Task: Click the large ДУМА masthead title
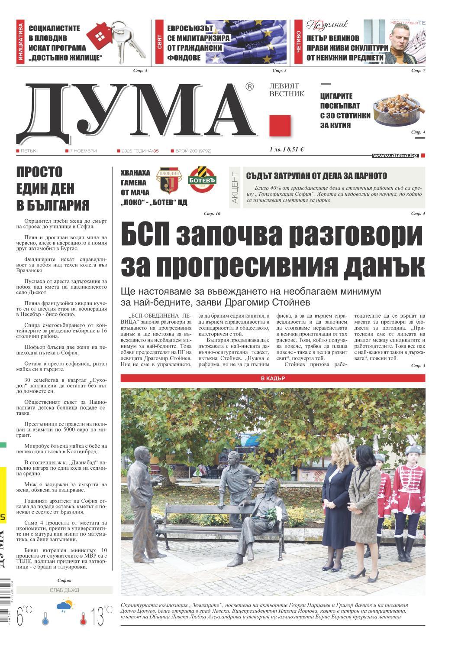pyautogui.click(x=134, y=111)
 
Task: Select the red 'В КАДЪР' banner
pyautogui.click(x=273, y=378)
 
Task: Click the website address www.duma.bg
pyautogui.click(x=395, y=155)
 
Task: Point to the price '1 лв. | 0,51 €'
pyautogui.click(x=287, y=150)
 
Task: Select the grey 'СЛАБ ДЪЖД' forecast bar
pyautogui.click(x=64, y=590)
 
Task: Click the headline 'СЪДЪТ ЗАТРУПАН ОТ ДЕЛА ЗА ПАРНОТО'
pyautogui.click(x=316, y=176)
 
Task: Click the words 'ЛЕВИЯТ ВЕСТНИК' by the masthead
pyautogui.click(x=287, y=90)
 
